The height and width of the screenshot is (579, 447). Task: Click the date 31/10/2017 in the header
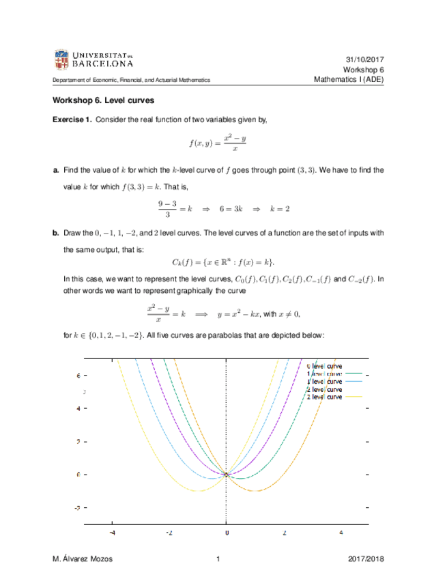click(365, 60)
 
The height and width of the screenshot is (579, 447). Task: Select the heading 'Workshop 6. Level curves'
click(103, 100)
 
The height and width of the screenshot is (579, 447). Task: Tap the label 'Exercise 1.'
click(72, 120)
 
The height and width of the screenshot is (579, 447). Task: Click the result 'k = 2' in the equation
click(280, 208)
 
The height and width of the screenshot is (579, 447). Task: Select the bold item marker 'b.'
click(56, 234)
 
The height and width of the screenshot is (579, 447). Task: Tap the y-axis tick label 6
click(78, 376)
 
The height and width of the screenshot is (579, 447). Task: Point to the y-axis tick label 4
click(78, 409)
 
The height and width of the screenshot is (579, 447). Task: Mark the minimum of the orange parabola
click(255, 490)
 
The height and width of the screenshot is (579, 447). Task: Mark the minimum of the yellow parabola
click(198, 490)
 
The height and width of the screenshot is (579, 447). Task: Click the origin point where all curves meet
click(227, 475)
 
